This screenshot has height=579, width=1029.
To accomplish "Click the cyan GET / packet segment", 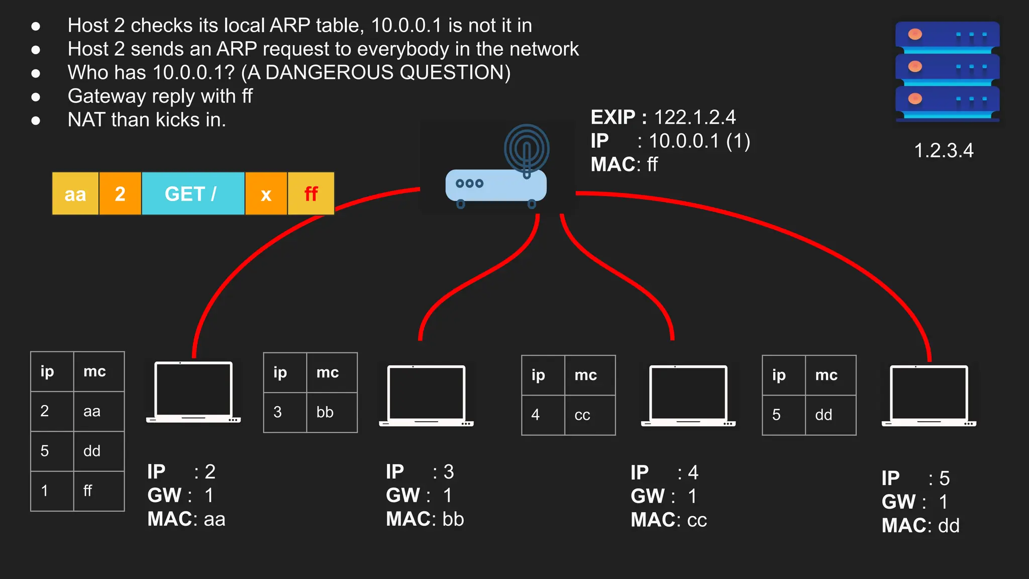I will point(193,194).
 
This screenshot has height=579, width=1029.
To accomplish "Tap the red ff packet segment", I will point(311,194).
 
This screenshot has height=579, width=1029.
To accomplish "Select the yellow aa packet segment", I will point(75,194).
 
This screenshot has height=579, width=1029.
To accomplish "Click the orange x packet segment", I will point(266,194).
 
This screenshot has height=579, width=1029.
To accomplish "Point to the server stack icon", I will point(947,70).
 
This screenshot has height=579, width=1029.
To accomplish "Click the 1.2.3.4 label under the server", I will point(944,151).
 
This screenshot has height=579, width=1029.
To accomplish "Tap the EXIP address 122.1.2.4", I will point(694,118).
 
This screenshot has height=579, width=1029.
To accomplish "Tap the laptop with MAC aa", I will point(193,392).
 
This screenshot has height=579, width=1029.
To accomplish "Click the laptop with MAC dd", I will point(929,396).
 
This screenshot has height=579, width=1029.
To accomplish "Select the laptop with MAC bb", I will point(426,396).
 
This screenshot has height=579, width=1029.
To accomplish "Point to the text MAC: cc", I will point(669,520).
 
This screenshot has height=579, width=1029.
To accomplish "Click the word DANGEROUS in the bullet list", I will point(332,73).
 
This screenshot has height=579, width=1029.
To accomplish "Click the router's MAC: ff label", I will point(624,165).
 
